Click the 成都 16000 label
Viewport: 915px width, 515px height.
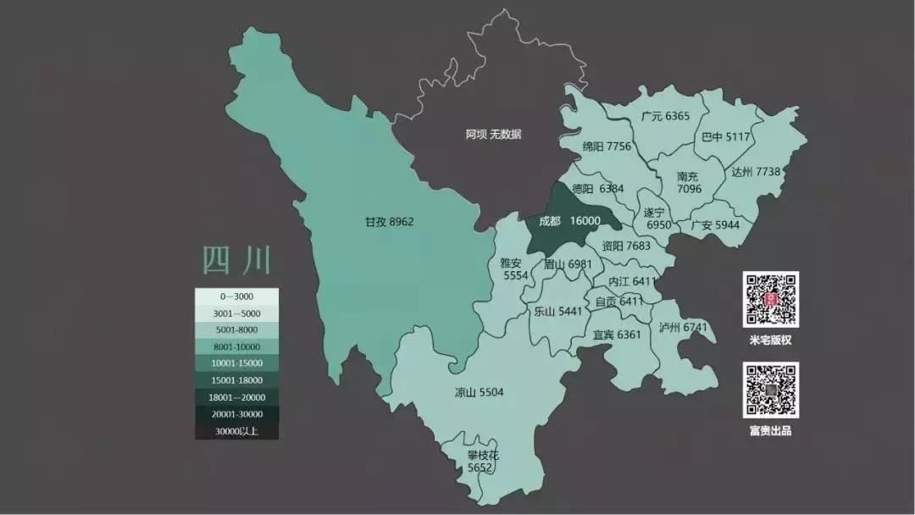[x=569, y=221]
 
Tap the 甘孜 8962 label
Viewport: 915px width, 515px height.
[x=389, y=221]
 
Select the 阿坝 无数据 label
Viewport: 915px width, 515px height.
[x=493, y=134]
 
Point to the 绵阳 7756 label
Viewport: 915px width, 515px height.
[x=607, y=147]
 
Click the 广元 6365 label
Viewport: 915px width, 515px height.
[x=665, y=116]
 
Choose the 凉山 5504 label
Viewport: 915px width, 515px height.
[x=479, y=392]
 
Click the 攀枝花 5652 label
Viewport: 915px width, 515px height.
[x=483, y=461]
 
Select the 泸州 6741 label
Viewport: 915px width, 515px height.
[x=683, y=327]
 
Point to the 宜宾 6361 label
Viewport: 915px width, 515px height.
[x=617, y=335]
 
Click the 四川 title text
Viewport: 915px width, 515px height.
[x=236, y=260]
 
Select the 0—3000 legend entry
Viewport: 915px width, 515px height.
[x=236, y=296]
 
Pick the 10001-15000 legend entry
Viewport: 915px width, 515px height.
[x=236, y=363]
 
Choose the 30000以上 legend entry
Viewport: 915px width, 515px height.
[x=236, y=431]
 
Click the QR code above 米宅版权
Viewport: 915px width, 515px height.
[x=771, y=299]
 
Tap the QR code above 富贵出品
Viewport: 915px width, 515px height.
[x=771, y=390]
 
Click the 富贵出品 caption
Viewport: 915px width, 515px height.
[x=770, y=430]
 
